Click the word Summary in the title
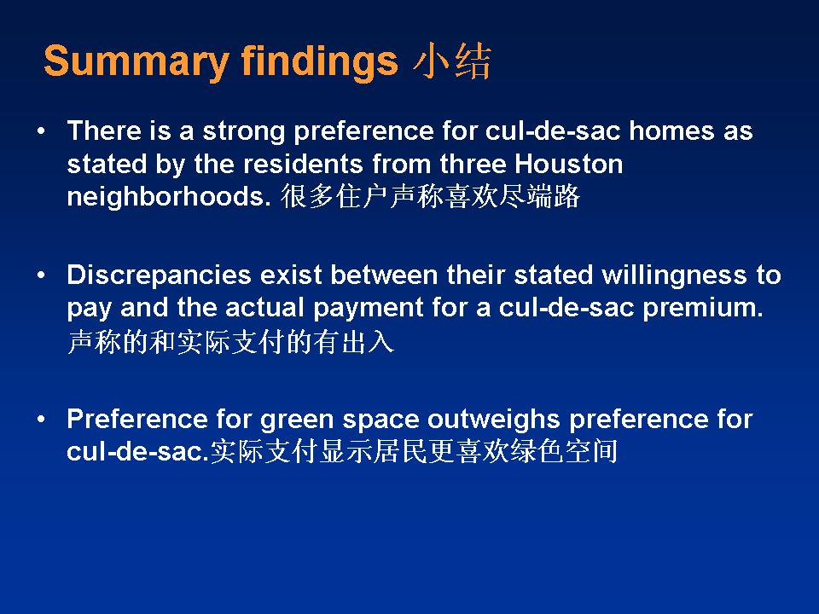click(x=136, y=62)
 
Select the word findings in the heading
click(x=320, y=62)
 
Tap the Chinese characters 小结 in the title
click(x=452, y=61)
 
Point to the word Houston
click(x=569, y=164)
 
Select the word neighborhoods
click(x=169, y=197)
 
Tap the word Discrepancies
click(x=160, y=275)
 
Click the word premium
click(x=702, y=309)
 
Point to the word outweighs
click(x=494, y=420)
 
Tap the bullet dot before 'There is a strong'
click(x=41, y=130)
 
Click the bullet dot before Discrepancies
click(x=41, y=275)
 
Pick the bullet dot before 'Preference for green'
click(x=41, y=420)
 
